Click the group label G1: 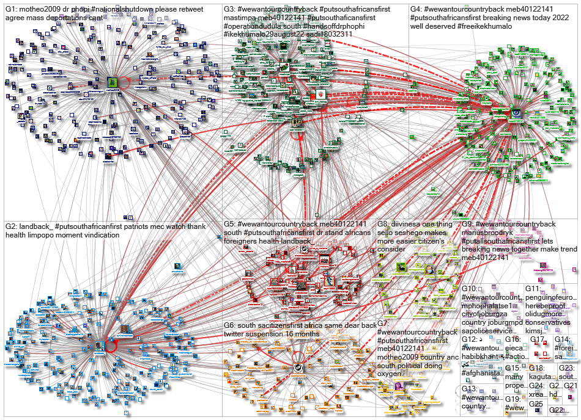pos(12,9)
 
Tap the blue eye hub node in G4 pos(516,112)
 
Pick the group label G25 pos(536,404)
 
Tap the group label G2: pos(12,227)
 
